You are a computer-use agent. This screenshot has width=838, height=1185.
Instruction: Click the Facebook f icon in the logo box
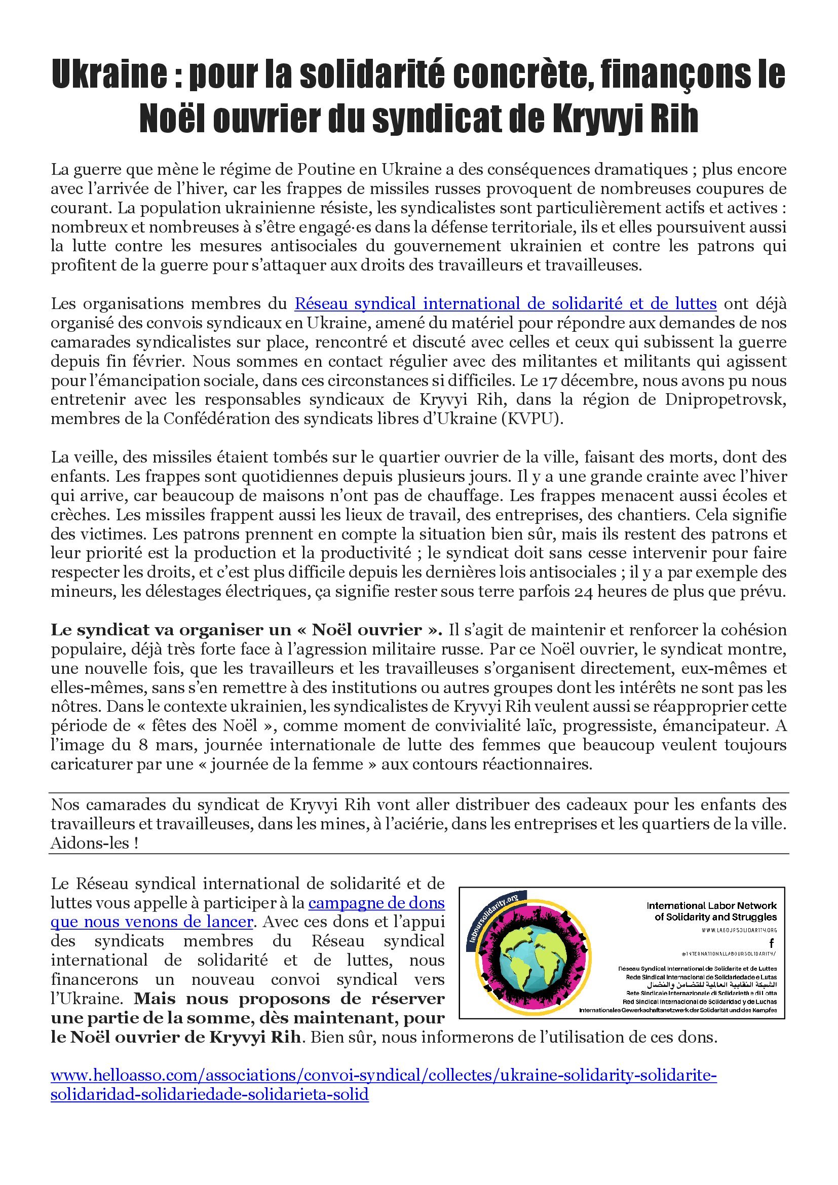[x=772, y=942]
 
